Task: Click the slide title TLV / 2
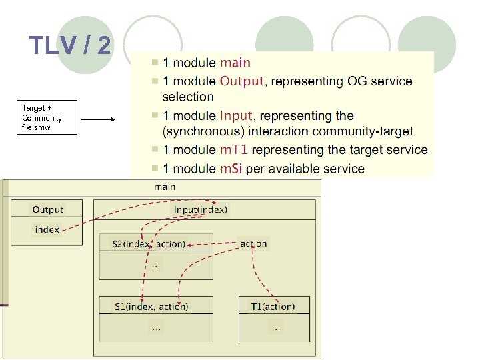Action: click(71, 46)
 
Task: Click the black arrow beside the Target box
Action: click(99, 120)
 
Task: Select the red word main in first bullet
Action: click(235, 63)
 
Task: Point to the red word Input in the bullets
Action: click(236, 116)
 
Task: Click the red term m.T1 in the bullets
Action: click(234, 150)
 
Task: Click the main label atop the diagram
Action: click(165, 187)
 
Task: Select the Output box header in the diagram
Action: click(47, 209)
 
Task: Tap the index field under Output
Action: click(47, 229)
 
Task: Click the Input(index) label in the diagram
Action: click(201, 209)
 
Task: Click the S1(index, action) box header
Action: click(151, 307)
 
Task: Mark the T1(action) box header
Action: click(273, 307)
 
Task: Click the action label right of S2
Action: click(253, 244)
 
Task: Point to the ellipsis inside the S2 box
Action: click(155, 265)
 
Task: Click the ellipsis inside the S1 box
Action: click(156, 327)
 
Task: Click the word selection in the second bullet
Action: click(188, 97)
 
